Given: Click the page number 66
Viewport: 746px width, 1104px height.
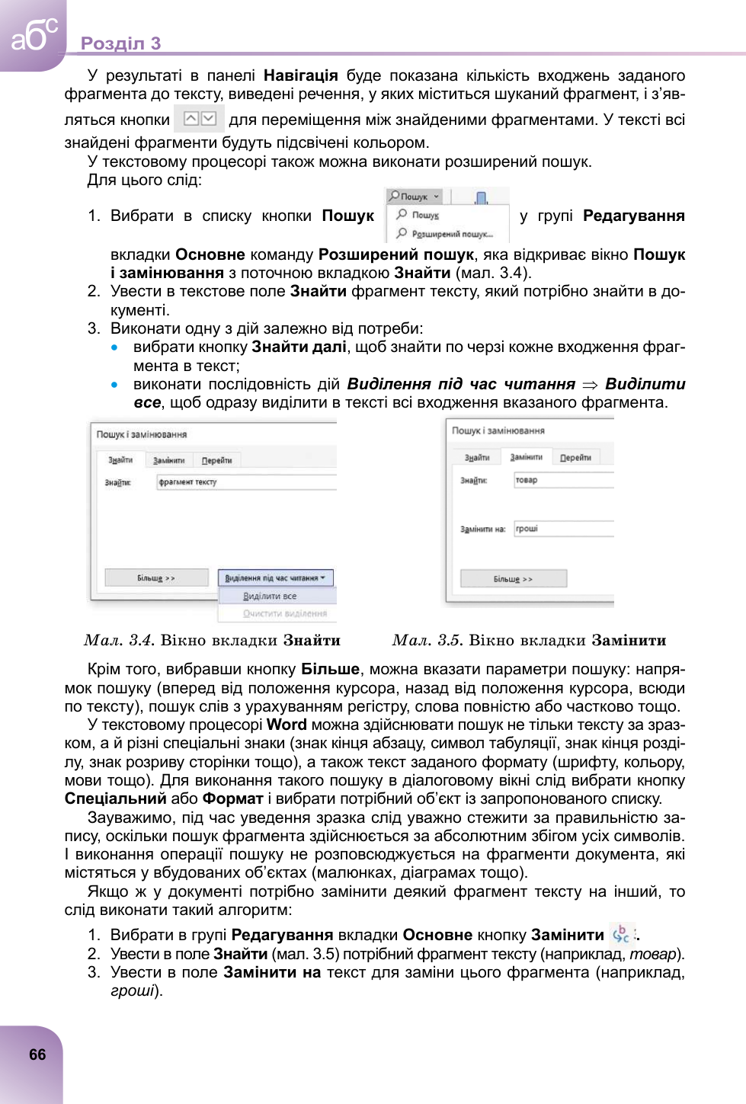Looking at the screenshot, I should (x=37, y=1054).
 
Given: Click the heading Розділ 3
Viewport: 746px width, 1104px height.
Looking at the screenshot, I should (x=120, y=43).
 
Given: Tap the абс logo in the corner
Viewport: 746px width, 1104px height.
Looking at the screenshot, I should (x=33, y=34).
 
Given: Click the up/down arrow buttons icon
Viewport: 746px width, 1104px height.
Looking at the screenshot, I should (x=200, y=119).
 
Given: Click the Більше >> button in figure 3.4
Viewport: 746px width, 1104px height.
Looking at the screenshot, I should (x=156, y=578).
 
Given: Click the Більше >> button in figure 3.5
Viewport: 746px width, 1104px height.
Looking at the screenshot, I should (x=513, y=579).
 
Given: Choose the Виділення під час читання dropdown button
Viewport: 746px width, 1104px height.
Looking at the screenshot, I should (x=275, y=578).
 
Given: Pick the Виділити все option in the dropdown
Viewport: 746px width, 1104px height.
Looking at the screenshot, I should (x=270, y=596).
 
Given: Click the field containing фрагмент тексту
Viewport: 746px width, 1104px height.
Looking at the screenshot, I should (x=245, y=482).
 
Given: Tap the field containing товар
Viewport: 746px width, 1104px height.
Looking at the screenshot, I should (x=563, y=480).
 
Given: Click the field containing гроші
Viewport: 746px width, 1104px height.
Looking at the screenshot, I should (x=563, y=529).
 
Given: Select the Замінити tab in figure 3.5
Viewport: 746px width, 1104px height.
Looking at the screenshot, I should (x=526, y=457).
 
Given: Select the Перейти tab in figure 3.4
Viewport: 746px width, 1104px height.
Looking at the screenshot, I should (x=216, y=460).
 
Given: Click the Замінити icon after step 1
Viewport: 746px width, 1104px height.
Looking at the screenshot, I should (x=621, y=934).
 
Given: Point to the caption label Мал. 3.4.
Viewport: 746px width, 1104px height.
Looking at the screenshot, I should (x=119, y=641).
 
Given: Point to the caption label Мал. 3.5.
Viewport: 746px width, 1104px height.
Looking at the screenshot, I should (x=427, y=641).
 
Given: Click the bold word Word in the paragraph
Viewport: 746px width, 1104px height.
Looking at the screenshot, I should (x=287, y=725).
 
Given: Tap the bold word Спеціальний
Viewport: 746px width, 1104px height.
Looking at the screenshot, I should (x=115, y=798).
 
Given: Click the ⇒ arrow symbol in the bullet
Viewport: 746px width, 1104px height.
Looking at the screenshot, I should (x=590, y=385).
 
